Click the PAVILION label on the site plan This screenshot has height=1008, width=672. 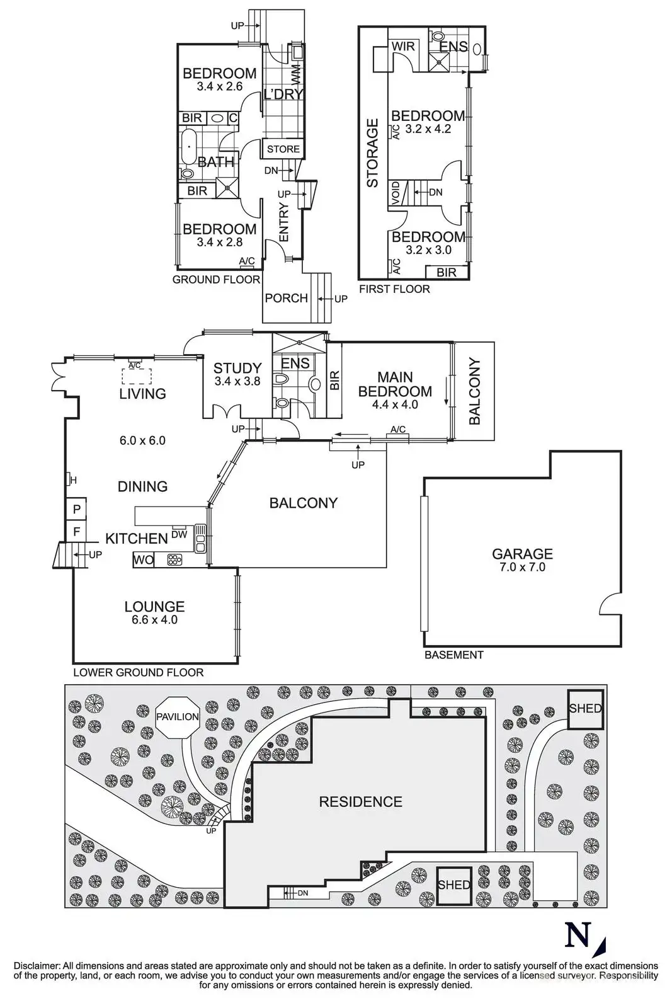[x=178, y=716]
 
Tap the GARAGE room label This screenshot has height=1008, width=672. [x=522, y=554]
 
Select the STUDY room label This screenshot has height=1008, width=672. [x=237, y=368]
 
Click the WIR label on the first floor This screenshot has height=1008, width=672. [x=403, y=46]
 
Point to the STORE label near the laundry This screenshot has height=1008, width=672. [x=283, y=149]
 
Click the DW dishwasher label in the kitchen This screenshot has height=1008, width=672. [x=179, y=534]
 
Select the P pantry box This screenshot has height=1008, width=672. [x=77, y=509]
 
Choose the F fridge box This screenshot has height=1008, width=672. [x=77, y=532]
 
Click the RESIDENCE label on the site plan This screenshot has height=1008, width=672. [x=360, y=801]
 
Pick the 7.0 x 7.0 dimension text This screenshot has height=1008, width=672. [x=522, y=567]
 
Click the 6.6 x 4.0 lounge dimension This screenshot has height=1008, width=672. [x=154, y=620]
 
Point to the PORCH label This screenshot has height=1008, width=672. [x=286, y=298]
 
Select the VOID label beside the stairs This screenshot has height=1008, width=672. [x=396, y=192]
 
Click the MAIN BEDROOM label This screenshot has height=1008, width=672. [x=395, y=384]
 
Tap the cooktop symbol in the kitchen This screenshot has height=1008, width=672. [x=174, y=559]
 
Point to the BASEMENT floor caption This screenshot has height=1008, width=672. [x=453, y=655]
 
